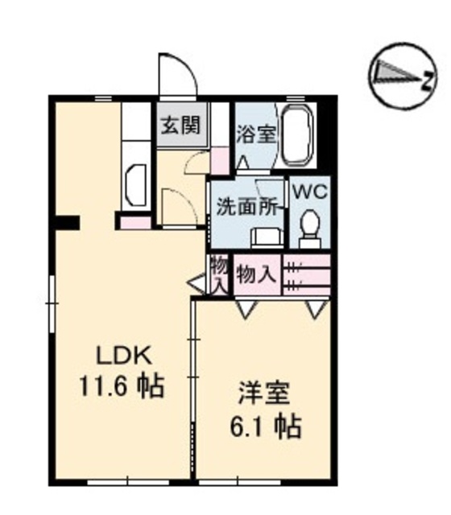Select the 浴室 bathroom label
pos(256,134)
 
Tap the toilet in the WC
pos(309,228)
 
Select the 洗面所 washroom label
pos(248,207)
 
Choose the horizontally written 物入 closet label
pos(257,274)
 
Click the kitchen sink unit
pos(134,186)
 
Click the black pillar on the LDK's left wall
pos(68,222)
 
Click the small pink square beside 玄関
pos(218,160)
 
